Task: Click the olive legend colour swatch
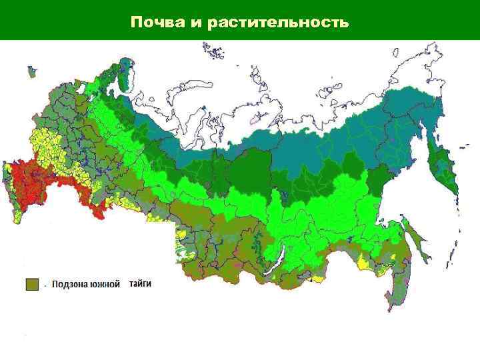(x=33, y=284)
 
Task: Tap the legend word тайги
(x=141, y=283)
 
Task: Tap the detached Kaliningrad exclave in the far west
(x=30, y=70)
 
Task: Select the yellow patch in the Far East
(x=365, y=261)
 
